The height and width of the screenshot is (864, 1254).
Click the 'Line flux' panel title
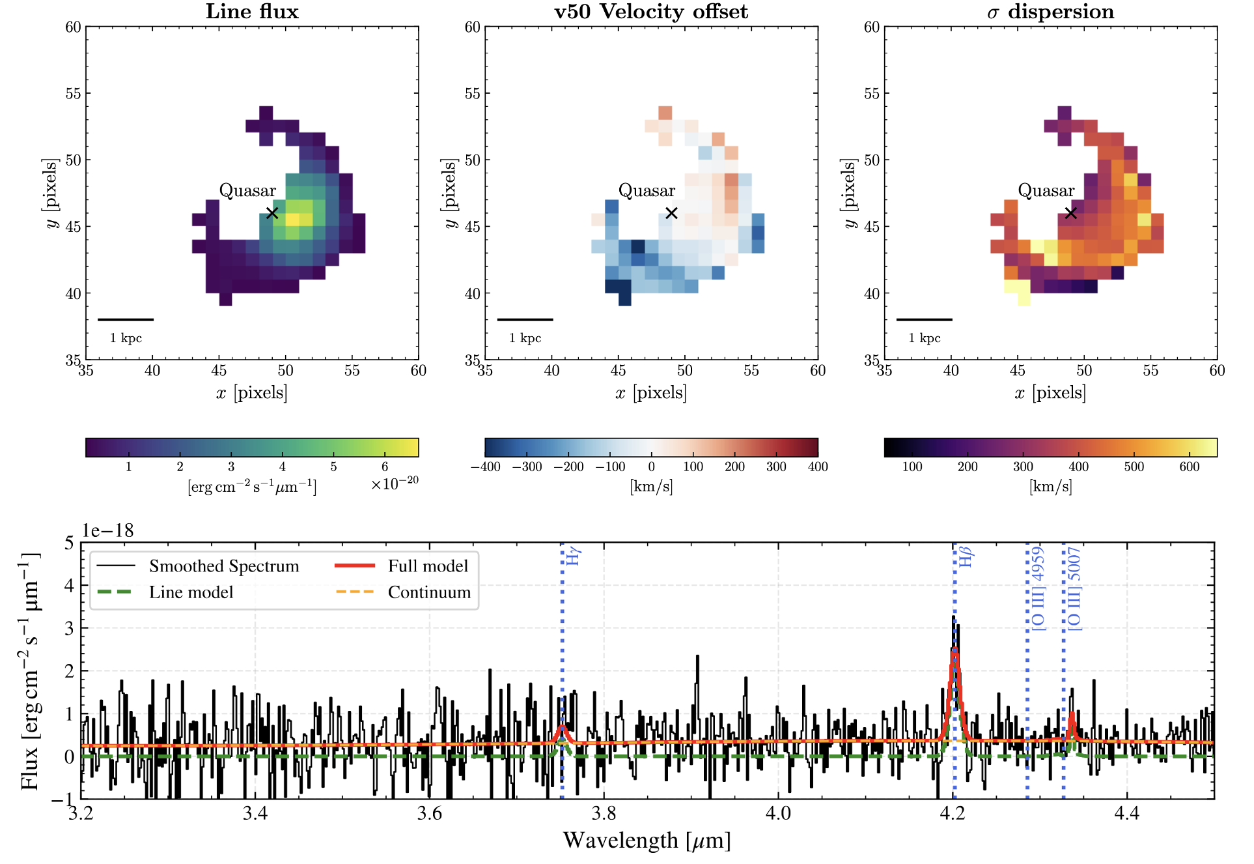pyautogui.click(x=252, y=11)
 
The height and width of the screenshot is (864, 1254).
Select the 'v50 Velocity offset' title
pyautogui.click(x=650, y=11)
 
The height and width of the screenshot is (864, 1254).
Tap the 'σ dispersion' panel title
pyautogui.click(x=1050, y=11)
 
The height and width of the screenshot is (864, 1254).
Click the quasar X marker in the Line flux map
pyautogui.click(x=272, y=213)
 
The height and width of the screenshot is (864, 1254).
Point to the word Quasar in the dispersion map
pyautogui.click(x=1046, y=190)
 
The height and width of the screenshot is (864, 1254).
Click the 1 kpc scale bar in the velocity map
pyautogui.click(x=525, y=319)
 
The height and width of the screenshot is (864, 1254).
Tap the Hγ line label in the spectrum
pyautogui.click(x=573, y=556)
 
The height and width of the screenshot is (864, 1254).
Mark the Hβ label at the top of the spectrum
pyautogui.click(x=966, y=557)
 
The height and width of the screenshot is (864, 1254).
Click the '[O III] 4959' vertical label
pyautogui.click(x=1038, y=588)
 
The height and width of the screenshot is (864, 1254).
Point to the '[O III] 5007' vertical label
pyautogui.click(x=1074, y=588)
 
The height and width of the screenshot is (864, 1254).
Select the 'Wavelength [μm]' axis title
pyautogui.click(x=647, y=841)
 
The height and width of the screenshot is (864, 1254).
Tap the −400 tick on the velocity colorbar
pyautogui.click(x=485, y=467)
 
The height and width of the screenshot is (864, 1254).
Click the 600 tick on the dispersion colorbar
pyautogui.click(x=1189, y=467)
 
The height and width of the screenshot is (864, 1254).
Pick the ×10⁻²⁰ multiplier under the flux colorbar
pyautogui.click(x=395, y=483)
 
